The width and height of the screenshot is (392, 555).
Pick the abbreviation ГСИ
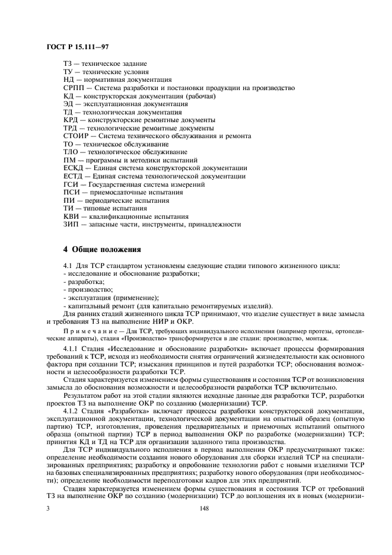pyautogui.click(x=70, y=184)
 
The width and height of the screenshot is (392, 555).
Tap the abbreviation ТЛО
pyautogui.click(x=71, y=152)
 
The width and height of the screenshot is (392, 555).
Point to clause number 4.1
pyautogui.click(x=68, y=265)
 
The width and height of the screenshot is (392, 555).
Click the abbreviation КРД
pyautogui.click(x=71, y=120)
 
